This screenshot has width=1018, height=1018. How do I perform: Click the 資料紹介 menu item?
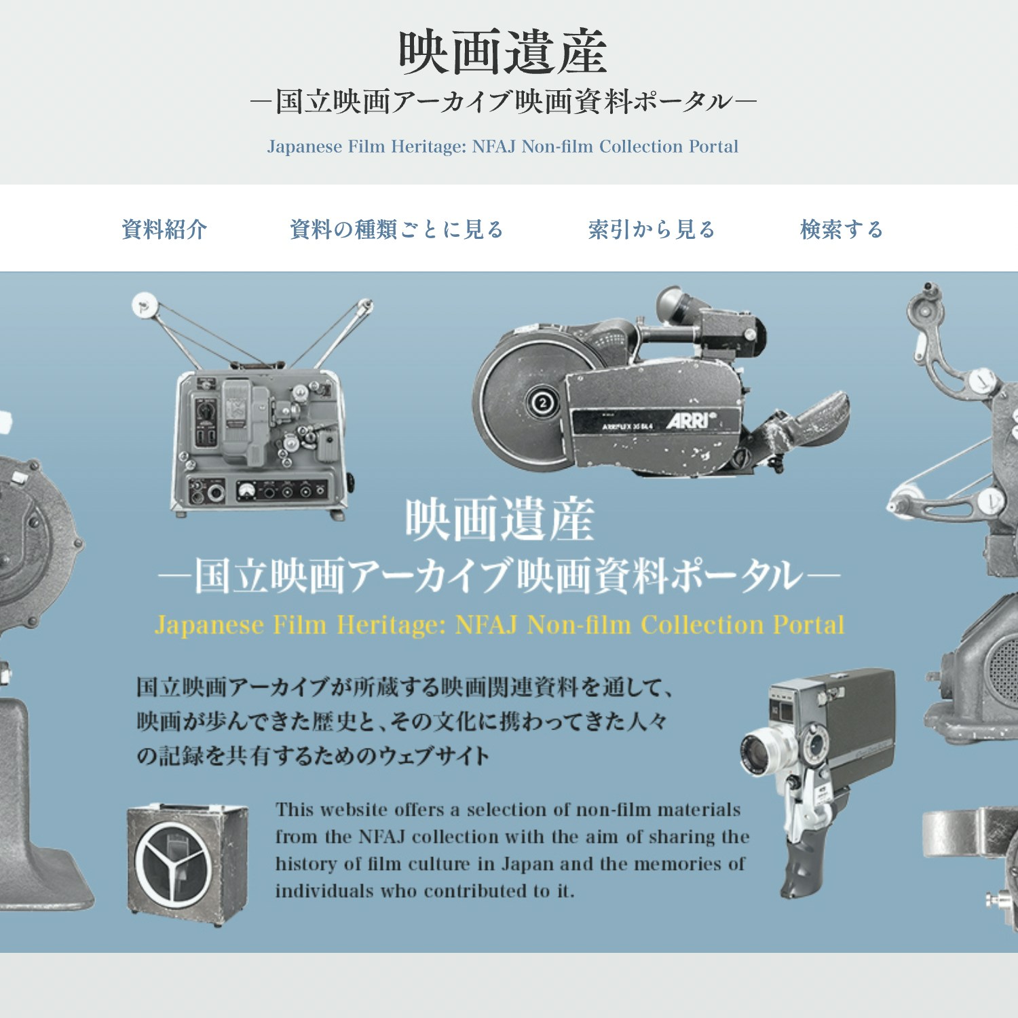[x=164, y=229]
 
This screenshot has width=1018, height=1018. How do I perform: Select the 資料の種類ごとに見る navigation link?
[x=396, y=229]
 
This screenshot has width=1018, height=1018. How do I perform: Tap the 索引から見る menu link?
[x=652, y=229]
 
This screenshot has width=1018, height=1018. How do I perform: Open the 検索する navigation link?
[x=842, y=229]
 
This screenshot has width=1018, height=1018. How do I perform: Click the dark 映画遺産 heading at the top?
[x=503, y=52]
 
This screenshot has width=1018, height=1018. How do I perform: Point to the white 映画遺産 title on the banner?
[x=500, y=520]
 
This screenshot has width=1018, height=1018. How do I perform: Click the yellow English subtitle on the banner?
[x=499, y=624]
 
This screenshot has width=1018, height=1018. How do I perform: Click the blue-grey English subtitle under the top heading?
[x=503, y=147]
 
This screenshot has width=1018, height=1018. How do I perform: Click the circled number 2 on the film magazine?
[x=542, y=404]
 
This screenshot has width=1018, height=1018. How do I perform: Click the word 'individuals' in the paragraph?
[x=324, y=891]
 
